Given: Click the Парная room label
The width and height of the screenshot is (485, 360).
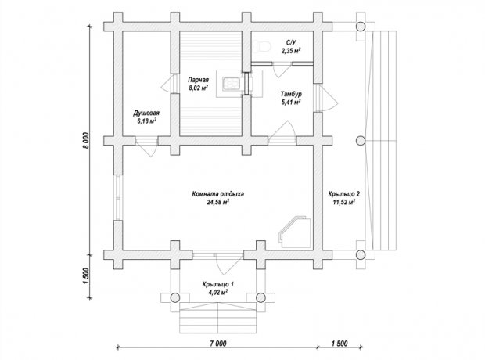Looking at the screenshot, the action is coord(198,80).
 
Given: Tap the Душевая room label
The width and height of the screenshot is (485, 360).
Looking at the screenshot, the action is coord(146,113).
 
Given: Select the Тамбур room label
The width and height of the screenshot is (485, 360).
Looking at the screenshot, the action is coord(291,94).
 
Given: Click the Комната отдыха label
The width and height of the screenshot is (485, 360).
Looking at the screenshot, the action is coord(218,194).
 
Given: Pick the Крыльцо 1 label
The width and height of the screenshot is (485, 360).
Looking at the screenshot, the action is coord(218,284).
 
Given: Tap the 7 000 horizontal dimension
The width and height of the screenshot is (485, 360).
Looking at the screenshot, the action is coord(218,344).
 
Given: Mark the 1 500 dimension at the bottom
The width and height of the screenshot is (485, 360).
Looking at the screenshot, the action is coord(339,344).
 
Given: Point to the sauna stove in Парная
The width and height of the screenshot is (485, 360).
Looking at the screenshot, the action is coord(231,84).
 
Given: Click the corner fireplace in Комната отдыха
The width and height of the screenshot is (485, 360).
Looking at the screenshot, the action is coord(296,231).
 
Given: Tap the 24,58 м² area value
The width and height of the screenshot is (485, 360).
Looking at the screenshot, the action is coord(218,203).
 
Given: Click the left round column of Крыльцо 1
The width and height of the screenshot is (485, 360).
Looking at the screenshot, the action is coord(175,297).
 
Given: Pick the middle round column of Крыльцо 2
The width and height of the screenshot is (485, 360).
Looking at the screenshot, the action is coord(361,141).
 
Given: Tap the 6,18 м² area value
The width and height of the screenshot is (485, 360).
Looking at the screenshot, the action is coord(146,121).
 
